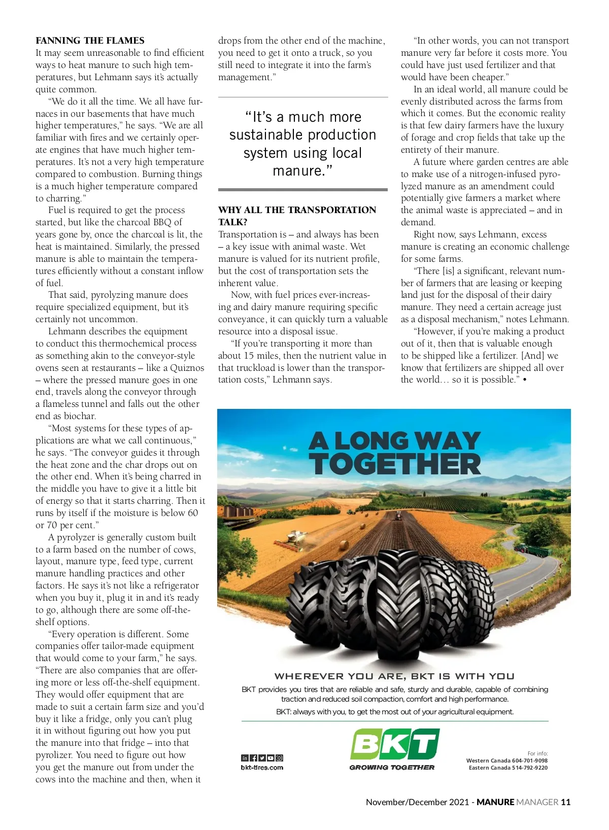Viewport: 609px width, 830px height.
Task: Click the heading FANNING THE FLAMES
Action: (90, 41)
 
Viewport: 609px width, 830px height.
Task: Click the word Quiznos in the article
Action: (187, 368)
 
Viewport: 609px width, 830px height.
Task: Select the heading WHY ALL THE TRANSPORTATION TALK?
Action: (297, 216)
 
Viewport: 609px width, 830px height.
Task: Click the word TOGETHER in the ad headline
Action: (395, 464)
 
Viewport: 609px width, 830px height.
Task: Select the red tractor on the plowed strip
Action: (398, 515)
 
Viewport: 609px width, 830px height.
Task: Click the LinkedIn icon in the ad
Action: (245, 758)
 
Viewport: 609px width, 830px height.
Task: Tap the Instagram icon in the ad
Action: (279, 758)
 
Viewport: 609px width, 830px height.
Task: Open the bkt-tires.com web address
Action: (262, 768)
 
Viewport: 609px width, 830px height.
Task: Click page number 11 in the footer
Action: (565, 802)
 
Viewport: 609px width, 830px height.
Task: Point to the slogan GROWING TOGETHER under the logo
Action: (392, 768)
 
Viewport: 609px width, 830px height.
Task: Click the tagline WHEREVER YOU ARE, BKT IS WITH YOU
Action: (394, 676)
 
